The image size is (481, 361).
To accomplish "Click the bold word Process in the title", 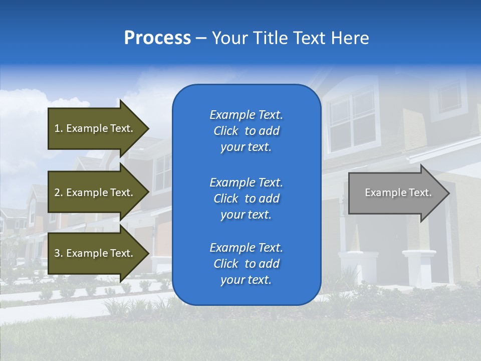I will [157, 38].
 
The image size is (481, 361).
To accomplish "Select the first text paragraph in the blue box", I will [246, 131].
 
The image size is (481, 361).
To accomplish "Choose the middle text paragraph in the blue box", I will [246, 199].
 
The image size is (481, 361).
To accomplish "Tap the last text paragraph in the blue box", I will [246, 264].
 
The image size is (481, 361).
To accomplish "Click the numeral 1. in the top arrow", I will [59, 128].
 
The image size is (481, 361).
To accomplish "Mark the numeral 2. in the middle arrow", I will [59, 193].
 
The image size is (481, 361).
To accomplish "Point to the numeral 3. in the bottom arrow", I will [59, 253].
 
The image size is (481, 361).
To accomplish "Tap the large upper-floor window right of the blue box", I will [352, 120].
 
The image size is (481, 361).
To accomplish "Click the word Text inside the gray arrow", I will [420, 193].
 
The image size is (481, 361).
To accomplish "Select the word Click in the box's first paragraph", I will [226, 131].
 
